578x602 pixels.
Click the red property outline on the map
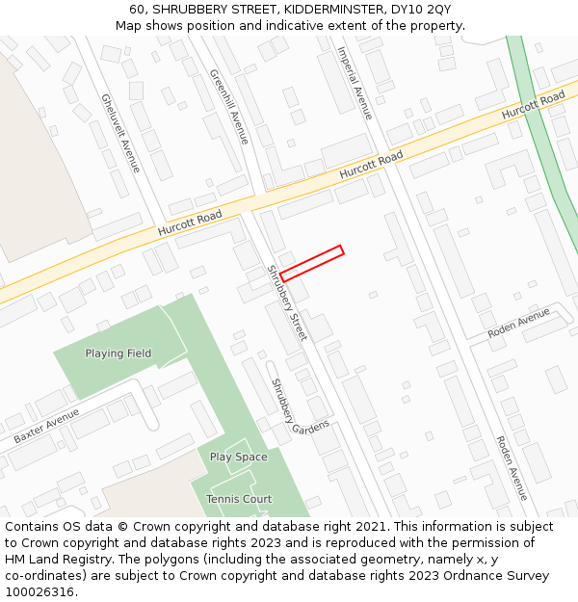click(311, 263)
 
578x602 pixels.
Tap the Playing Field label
click(118, 353)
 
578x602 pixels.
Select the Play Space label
click(238, 458)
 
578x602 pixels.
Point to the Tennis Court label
click(239, 499)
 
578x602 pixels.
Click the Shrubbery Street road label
click(286, 302)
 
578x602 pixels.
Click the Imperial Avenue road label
click(354, 83)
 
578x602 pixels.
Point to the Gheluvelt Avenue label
click(120, 133)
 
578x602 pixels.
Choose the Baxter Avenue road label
click(46, 426)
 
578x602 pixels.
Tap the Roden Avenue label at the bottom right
click(511, 468)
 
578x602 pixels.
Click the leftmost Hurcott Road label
click(190, 222)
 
